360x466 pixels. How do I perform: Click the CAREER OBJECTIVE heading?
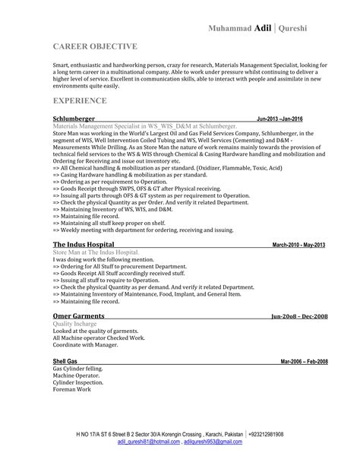[95, 46]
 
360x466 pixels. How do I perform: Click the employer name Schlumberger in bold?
[74, 119]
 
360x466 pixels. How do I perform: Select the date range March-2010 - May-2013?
[298, 245]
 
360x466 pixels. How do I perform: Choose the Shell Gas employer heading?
[65, 361]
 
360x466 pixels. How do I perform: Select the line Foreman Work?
[71, 388]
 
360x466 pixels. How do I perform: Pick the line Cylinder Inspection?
[77, 382]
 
